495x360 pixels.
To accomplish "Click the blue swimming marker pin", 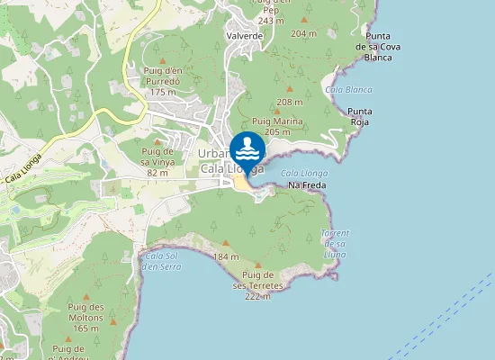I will coord(247,149).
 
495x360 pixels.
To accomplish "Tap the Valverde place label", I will coord(245,35).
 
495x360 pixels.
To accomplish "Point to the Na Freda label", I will coord(305,185).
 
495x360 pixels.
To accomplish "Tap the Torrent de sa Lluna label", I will coord(335,244).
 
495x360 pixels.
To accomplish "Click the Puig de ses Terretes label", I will coord(258,285).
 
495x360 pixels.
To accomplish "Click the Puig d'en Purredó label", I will coord(162,85).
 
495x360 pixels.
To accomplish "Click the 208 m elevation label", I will coord(291,103).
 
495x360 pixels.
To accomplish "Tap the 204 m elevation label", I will coord(304,33).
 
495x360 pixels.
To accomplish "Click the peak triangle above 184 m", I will coord(225,243).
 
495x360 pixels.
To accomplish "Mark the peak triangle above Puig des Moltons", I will coord(86,296).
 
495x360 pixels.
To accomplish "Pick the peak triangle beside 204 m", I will coord(304,20).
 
